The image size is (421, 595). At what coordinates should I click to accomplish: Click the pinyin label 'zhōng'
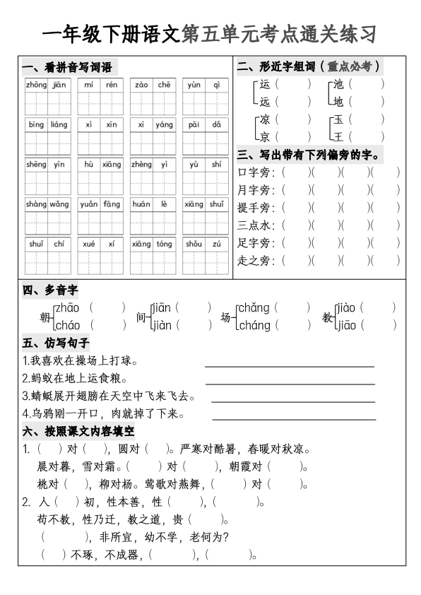[x=36, y=85]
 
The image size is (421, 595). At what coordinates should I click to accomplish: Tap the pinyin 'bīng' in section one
[x=36, y=124]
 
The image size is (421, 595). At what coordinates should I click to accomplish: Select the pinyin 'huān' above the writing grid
[x=141, y=204]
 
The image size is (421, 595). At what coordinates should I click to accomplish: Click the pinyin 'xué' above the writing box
[x=89, y=244]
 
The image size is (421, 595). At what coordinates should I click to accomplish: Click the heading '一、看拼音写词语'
[x=68, y=68]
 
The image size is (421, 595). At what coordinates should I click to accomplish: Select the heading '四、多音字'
[x=50, y=290]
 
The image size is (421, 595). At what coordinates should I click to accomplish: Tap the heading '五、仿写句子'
[x=56, y=343]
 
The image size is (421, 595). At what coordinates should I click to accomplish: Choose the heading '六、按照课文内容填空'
[x=78, y=430]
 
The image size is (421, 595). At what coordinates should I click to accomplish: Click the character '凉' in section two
[x=265, y=119]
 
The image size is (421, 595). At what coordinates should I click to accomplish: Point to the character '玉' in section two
[x=338, y=119]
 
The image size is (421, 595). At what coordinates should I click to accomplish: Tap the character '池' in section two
[x=338, y=84]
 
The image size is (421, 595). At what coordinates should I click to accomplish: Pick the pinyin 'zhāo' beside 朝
[x=67, y=307]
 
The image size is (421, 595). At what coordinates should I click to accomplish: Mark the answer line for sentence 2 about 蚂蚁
[x=290, y=384]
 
